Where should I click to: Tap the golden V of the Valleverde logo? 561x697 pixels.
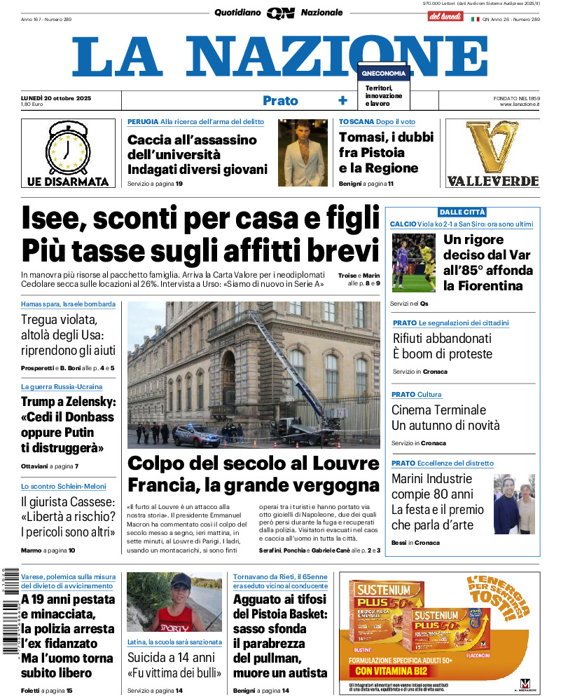[492, 147]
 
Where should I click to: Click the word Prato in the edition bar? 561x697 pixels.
[280, 100]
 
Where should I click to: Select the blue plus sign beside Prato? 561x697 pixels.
[342, 100]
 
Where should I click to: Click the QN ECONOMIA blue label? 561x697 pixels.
[383, 73]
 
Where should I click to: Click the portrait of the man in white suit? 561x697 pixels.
[303, 152]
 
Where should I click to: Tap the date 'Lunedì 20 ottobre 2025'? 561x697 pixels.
[56, 97]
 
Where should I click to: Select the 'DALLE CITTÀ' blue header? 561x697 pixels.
[462, 212]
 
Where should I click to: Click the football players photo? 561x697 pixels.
[413, 262]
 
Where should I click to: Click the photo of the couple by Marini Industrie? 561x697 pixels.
[514, 504]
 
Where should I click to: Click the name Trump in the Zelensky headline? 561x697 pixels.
[43, 402]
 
